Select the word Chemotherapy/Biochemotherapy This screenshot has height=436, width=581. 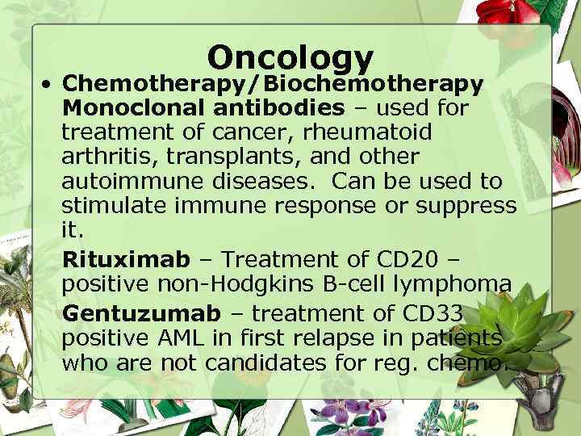[x=274, y=83]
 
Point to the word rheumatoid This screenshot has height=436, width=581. [x=372, y=132]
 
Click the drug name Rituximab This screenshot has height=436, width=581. [x=126, y=259]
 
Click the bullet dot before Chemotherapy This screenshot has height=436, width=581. [x=50, y=84]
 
